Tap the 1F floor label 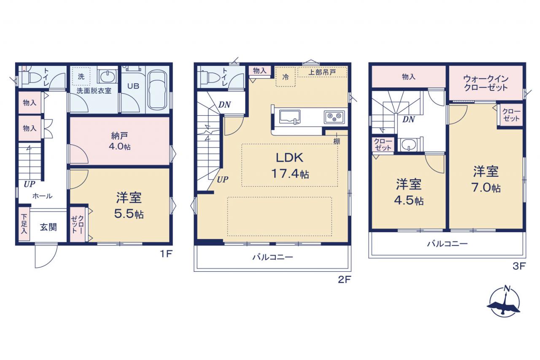(166, 254)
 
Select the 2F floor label (344, 279)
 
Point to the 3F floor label (519, 266)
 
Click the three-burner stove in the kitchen (334, 117)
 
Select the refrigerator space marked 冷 (286, 77)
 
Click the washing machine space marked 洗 (81, 76)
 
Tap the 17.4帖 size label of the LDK (290, 173)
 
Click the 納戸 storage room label (119, 136)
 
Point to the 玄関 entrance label (49, 227)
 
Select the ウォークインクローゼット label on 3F (486, 83)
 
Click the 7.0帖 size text (486, 188)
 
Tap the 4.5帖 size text (409, 200)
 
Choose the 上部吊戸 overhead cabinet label (322, 72)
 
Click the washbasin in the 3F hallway (409, 144)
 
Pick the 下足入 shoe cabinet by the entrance (24, 224)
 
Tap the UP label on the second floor (222, 180)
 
